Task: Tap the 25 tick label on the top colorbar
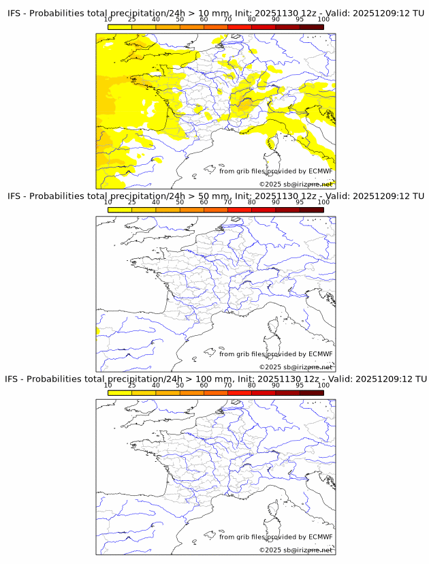click(131, 20)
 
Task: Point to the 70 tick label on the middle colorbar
click(227, 202)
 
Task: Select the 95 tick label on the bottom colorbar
click(299, 385)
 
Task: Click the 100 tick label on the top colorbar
click(323, 20)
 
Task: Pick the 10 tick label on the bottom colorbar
click(108, 385)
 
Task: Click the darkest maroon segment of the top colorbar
click(311, 27)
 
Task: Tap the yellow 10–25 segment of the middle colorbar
click(120, 210)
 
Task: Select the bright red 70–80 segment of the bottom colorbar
click(239, 392)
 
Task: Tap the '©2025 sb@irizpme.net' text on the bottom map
click(296, 550)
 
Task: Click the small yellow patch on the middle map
click(98, 331)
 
